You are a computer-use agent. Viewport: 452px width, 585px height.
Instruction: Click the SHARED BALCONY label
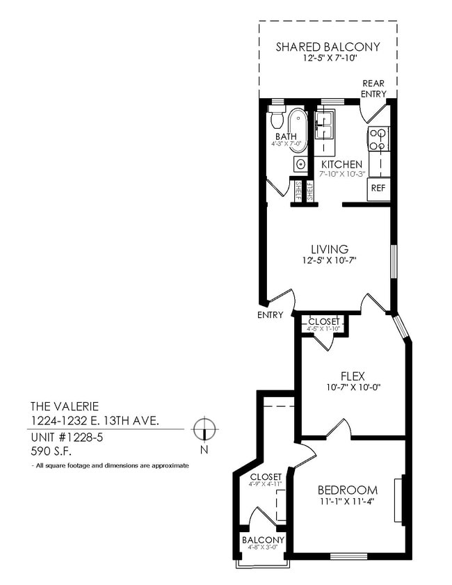328,47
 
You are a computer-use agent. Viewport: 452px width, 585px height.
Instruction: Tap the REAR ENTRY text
373,88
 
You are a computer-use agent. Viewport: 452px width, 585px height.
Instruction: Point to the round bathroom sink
300,164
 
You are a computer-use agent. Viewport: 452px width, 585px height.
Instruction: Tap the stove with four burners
378,139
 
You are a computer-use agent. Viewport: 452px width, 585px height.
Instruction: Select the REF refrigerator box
378,188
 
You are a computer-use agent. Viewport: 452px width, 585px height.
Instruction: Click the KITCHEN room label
341,164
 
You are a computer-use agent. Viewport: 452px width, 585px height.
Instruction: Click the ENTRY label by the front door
270,315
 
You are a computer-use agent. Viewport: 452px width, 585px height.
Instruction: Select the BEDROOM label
347,490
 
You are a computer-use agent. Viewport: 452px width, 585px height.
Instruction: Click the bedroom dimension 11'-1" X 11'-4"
347,502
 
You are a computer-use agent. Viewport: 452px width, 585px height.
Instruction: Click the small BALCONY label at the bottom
263,540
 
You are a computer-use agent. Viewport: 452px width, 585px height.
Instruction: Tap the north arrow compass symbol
204,429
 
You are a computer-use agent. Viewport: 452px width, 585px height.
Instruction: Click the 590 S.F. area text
49,450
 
